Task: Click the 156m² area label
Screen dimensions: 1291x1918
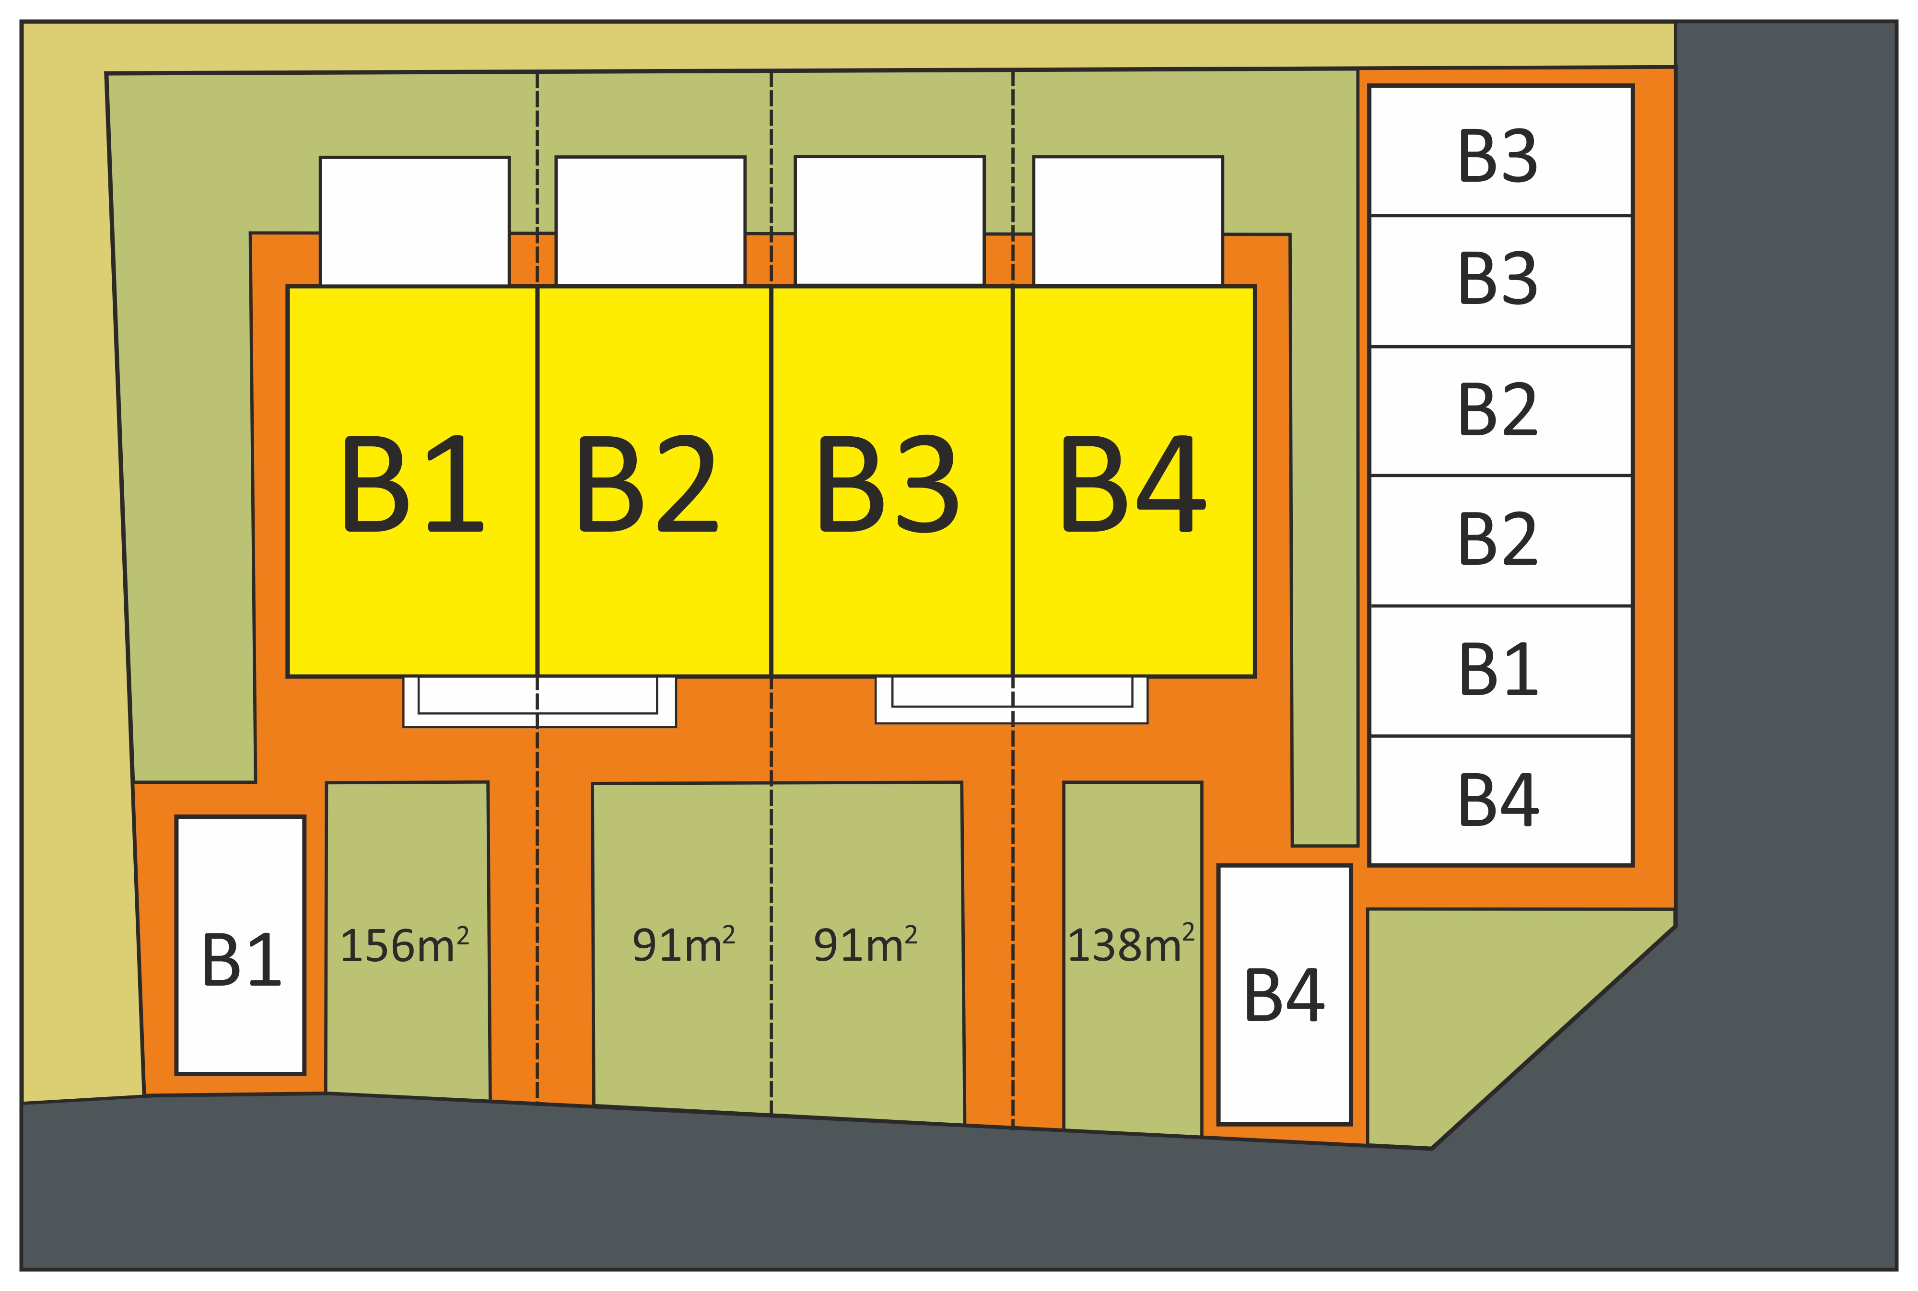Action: pos(404,945)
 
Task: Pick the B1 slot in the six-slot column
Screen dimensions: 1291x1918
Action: pos(1500,670)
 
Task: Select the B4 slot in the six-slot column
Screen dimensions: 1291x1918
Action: pos(1500,800)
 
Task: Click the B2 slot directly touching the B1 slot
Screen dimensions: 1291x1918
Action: pos(1500,540)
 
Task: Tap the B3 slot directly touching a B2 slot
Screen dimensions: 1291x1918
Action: pos(1500,280)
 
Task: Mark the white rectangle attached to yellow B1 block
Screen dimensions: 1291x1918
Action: pos(414,221)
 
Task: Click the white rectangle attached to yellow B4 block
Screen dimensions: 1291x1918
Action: pos(1127,221)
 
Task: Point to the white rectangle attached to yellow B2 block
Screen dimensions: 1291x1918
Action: pos(651,221)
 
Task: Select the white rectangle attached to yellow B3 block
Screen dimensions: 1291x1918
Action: pos(889,221)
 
